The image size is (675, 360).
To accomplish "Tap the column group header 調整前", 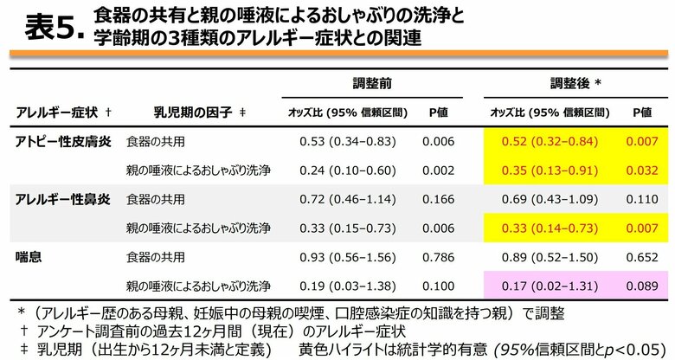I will (x=372, y=84).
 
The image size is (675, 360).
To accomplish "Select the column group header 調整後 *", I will (x=575, y=84).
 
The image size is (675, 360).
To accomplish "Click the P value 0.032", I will (x=641, y=170).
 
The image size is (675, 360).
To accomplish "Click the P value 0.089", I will (x=641, y=286).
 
